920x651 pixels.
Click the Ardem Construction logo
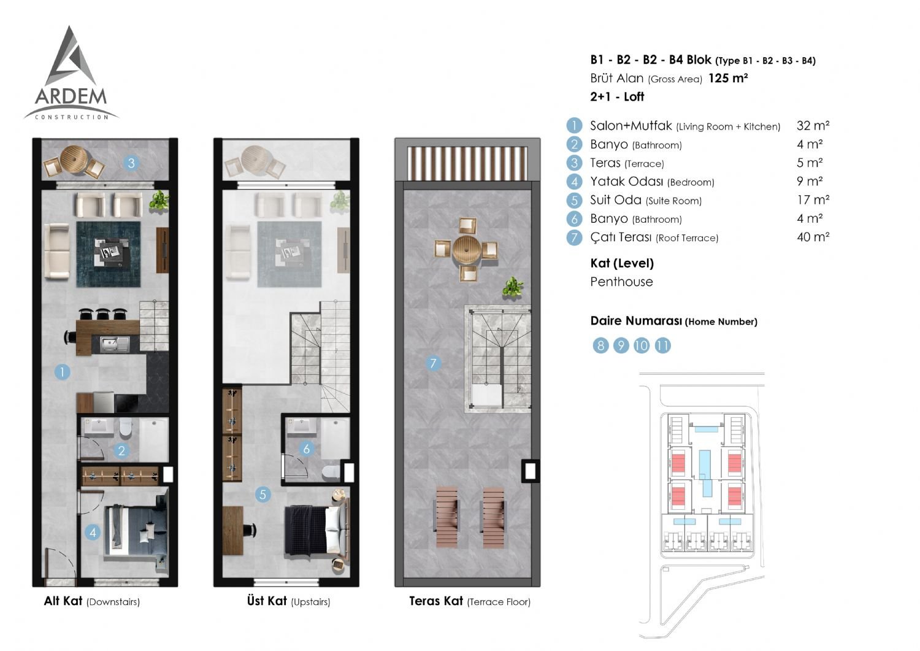pos(71,73)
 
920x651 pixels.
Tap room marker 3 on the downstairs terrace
pos(131,163)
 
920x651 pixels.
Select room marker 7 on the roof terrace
pos(433,363)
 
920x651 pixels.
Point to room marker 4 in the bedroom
pos(93,533)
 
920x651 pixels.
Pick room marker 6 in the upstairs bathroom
pos(306,449)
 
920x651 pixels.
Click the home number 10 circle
pos(642,345)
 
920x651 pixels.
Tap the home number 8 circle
pos(600,345)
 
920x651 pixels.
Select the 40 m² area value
pos(813,237)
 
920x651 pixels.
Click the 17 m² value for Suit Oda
pos(813,200)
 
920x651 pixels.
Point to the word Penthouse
pos(621,282)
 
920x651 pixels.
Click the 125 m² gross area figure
pos(728,78)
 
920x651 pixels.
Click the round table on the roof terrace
pos(467,249)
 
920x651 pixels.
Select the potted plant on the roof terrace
pos(512,287)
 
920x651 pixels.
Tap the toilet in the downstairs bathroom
pos(125,428)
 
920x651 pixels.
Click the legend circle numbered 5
pos(574,200)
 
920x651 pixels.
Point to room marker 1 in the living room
pos(62,372)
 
